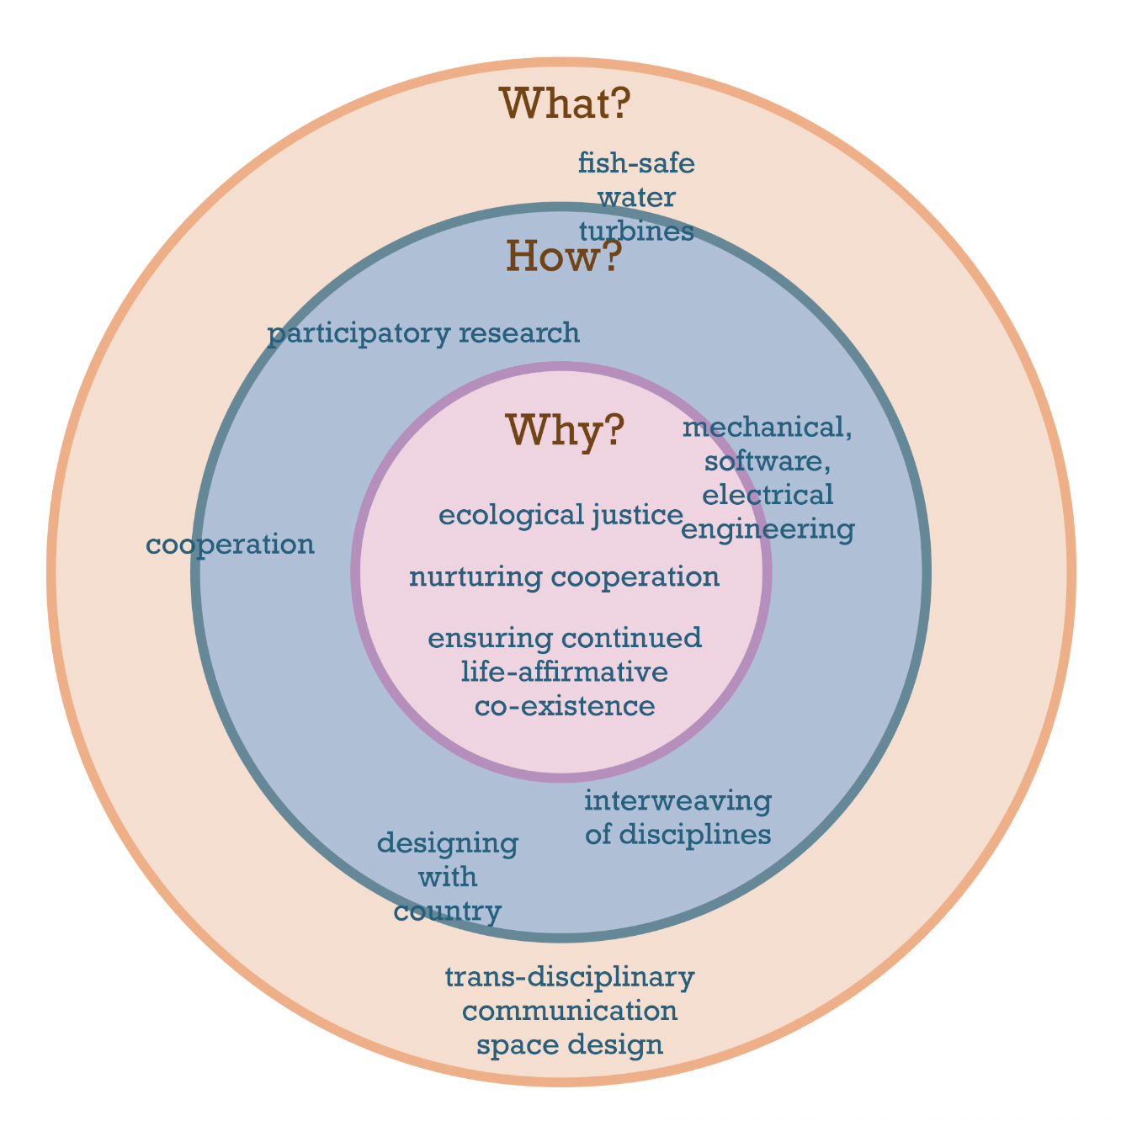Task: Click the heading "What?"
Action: click(565, 104)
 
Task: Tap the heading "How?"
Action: click(563, 256)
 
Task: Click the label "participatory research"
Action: click(423, 334)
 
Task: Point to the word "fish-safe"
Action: click(636, 163)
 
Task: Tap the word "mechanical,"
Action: click(768, 428)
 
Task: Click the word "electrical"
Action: click(768, 495)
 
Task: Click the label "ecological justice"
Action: click(560, 515)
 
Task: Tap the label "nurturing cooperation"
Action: click(564, 577)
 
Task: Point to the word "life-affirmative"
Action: click(565, 672)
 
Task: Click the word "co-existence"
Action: click(565, 706)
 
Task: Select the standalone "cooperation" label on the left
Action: click(231, 545)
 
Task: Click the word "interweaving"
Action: click(677, 801)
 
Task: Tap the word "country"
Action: click(448, 911)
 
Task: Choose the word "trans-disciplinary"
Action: click(569, 978)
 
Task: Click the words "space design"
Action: click(569, 1046)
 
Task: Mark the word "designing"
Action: click(448, 842)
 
